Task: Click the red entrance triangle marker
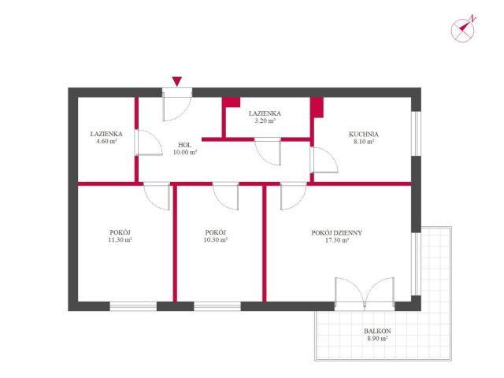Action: click(x=176, y=81)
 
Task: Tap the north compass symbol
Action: click(x=463, y=29)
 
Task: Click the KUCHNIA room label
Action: click(x=364, y=134)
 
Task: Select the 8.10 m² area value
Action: click(x=364, y=142)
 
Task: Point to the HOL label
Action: click(x=184, y=145)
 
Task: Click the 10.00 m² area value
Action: click(x=185, y=152)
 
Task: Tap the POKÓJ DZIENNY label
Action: click(x=336, y=233)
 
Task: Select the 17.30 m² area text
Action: click(x=337, y=240)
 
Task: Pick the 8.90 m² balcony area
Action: click(x=377, y=338)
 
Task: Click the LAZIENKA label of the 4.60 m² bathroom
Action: click(x=106, y=134)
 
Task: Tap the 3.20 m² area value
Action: click(x=265, y=120)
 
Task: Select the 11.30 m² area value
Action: click(x=120, y=239)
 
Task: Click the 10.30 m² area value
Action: click(x=215, y=239)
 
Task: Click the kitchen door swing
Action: click(x=324, y=160)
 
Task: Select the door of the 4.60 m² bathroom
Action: click(x=149, y=143)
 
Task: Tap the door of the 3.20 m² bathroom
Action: click(x=268, y=151)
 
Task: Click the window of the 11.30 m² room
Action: click(x=133, y=306)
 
